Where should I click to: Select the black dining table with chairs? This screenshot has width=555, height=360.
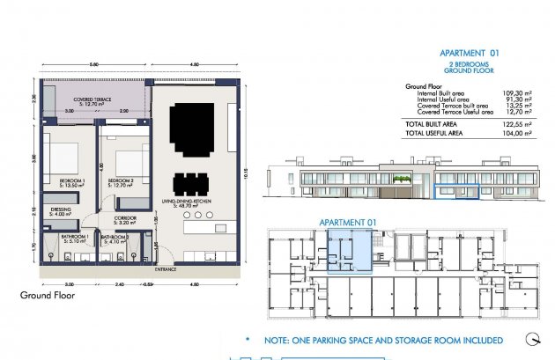[191, 184]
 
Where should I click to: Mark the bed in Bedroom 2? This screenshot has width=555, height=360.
[128, 161]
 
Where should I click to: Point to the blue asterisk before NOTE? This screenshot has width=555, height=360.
[248, 340]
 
